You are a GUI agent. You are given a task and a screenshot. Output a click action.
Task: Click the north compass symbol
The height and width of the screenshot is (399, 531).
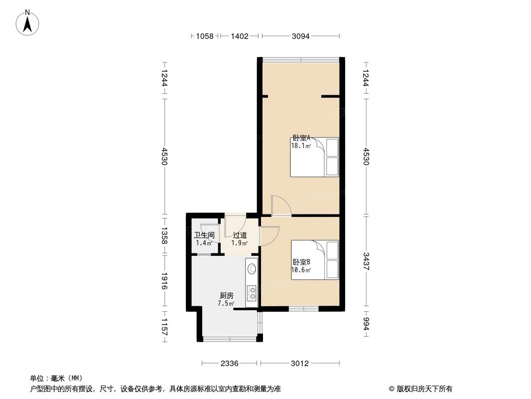coord(28,22)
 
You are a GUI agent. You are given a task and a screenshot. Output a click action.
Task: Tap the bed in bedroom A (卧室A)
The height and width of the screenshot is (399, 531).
coord(314,157)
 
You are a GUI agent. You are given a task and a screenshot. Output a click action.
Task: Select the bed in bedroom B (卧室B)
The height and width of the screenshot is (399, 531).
coord(314,259)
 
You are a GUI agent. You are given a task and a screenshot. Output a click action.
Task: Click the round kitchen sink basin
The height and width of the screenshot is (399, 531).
coord(252,269)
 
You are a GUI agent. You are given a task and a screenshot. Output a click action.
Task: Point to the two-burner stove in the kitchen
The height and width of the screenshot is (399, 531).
coord(252,292)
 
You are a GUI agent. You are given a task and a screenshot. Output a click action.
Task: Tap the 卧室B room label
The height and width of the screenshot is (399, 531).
coord(301,262)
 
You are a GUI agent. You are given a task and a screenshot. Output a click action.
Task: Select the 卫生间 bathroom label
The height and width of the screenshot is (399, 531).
coord(204,235)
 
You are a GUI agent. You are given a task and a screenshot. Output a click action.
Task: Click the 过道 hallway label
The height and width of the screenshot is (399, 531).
coord(239,235)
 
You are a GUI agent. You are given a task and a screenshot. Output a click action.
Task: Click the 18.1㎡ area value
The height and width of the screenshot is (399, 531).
coord(301,146)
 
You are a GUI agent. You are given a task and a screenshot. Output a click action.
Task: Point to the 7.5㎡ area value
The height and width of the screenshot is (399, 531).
coord(226,303)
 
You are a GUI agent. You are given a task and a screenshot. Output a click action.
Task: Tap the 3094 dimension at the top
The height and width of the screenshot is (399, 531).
coord(300,36)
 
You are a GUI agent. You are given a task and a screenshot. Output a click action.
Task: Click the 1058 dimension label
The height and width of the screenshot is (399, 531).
coord(204,36)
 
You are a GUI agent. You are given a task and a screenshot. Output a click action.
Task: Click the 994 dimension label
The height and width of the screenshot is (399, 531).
coord(366,324)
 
